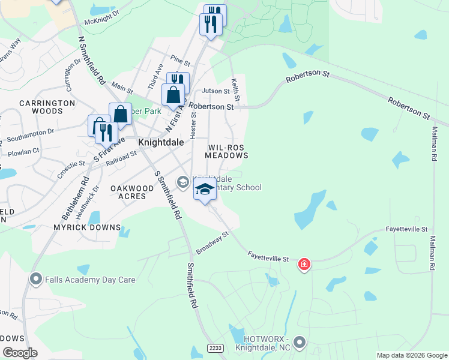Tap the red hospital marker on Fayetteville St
tap(304, 264)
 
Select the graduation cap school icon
tap(205, 189)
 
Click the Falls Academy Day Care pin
tap(36, 279)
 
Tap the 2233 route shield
tap(216, 348)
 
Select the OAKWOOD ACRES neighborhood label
tap(128, 192)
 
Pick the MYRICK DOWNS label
tap(87, 228)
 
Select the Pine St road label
tap(180, 61)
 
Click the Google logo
tap(20, 352)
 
